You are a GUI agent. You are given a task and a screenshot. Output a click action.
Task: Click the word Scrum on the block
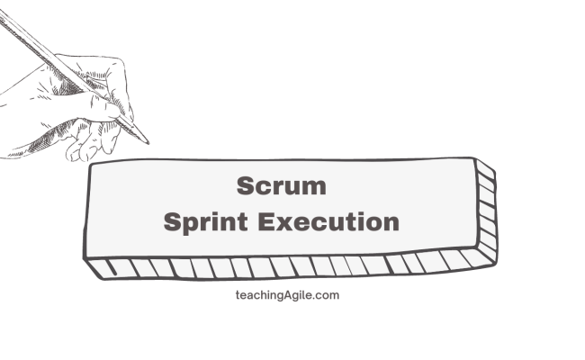[x=281, y=186]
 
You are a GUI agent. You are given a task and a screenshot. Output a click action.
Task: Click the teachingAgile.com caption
[x=285, y=294]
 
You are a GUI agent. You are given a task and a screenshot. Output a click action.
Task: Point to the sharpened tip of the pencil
[x=147, y=142]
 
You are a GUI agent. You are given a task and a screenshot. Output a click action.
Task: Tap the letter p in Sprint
[x=187, y=224]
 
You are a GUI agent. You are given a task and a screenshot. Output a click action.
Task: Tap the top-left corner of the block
[x=90, y=168]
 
